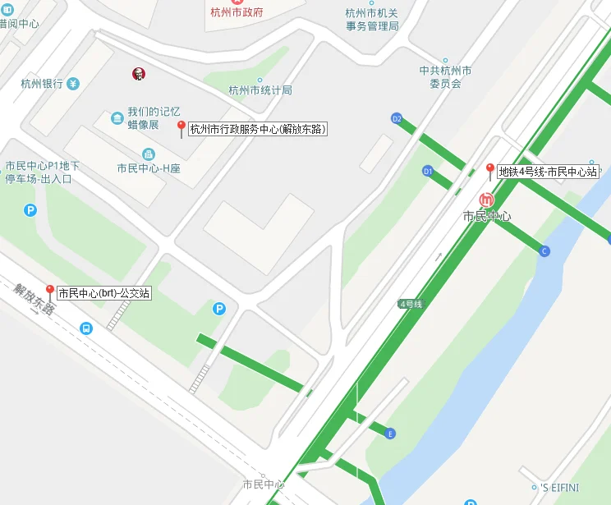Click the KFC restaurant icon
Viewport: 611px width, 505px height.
[x=139, y=74]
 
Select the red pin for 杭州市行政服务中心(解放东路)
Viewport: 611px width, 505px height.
[x=181, y=127]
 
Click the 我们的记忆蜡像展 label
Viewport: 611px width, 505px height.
[x=153, y=117]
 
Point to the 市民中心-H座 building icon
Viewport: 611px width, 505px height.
[x=149, y=154]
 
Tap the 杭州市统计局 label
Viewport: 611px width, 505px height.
[x=260, y=90]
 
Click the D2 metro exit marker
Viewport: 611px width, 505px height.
[x=397, y=118]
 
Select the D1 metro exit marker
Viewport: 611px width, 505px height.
[x=427, y=171]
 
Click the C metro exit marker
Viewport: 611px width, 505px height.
[x=544, y=251]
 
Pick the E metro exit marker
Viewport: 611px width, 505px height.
[x=390, y=433]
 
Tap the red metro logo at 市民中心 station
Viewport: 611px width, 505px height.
[x=487, y=199]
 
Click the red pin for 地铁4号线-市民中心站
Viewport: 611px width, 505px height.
[x=490, y=170]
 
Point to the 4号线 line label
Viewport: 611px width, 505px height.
[x=411, y=304]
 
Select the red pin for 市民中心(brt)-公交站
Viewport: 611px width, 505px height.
[x=49, y=292]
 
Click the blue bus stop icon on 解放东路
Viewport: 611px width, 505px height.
[x=85, y=328]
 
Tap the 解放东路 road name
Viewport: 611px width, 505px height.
[x=34, y=300]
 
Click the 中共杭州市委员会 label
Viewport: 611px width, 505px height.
[x=445, y=77]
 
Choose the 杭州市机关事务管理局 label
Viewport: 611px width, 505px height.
[x=372, y=19]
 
